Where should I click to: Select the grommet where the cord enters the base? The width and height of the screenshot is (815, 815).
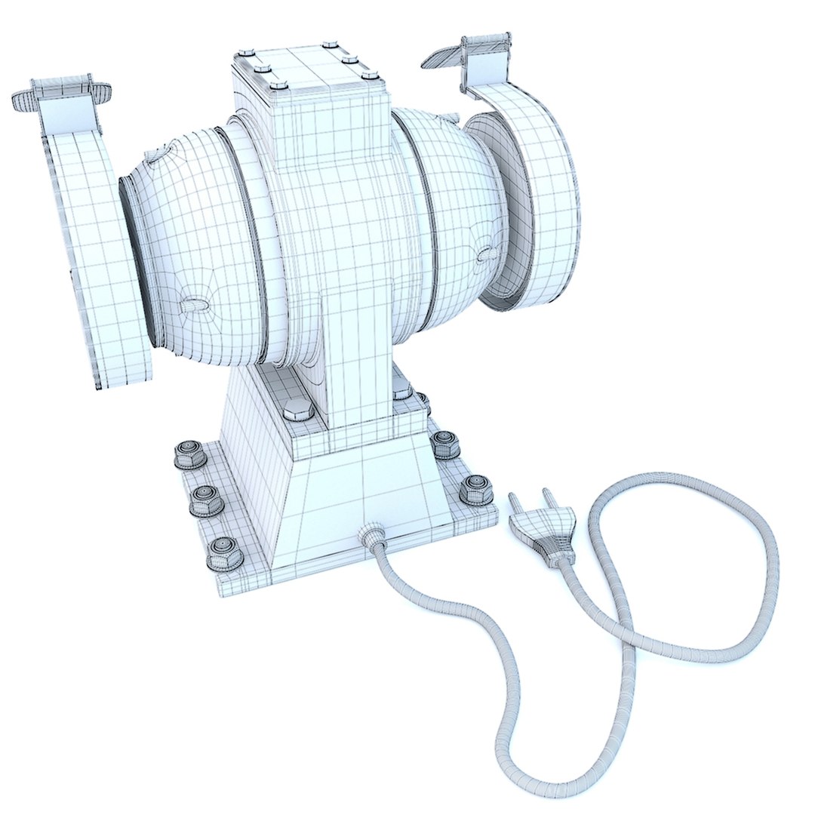tap(371, 534)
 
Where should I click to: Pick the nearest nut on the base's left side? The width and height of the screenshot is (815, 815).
tap(224, 552)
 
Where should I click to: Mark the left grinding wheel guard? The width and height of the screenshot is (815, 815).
tap(98, 249)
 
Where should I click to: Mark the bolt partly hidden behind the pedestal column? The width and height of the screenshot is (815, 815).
tap(402, 391)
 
